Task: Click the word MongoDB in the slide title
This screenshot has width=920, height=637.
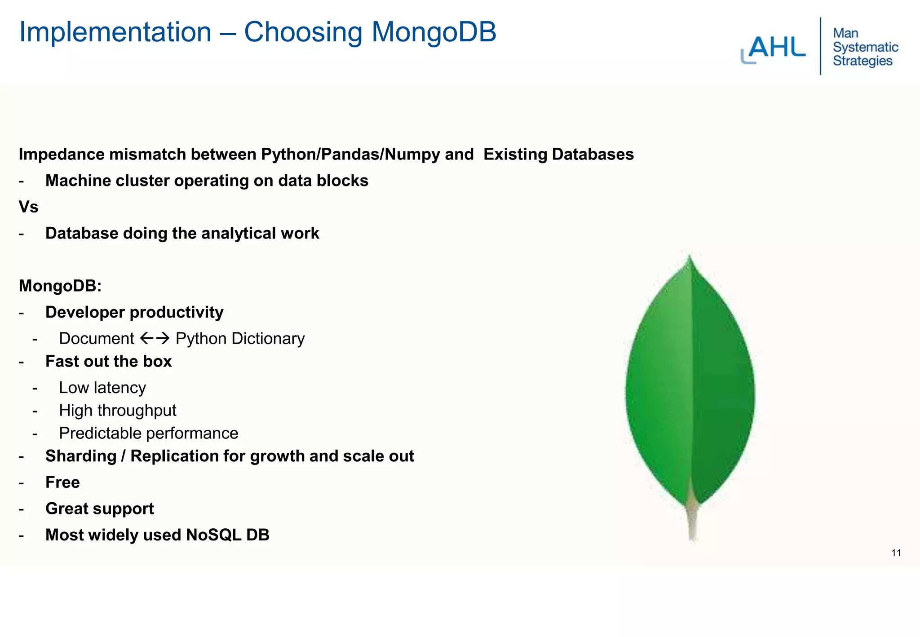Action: tap(433, 32)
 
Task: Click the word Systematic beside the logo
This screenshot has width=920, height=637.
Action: tap(865, 47)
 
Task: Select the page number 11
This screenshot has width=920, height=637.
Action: tap(896, 553)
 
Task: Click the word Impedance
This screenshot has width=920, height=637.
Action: tap(62, 155)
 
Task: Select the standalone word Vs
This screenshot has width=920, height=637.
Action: tap(28, 207)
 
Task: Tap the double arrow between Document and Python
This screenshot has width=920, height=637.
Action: tap(155, 338)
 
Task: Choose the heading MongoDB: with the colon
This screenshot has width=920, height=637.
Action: tap(60, 286)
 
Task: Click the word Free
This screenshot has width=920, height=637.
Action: tap(62, 482)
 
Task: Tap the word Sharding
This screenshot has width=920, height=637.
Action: tap(81, 456)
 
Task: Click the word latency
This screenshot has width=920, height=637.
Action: tap(119, 388)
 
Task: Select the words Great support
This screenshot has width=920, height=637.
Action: tap(99, 509)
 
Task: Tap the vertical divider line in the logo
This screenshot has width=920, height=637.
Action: tap(820, 46)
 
